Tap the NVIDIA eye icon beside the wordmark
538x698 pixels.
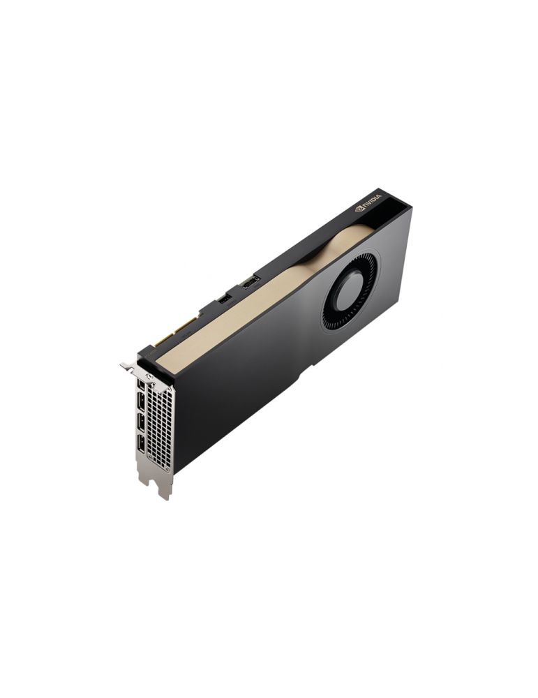pyautogui.click(x=359, y=208)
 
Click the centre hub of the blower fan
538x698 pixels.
pyautogui.click(x=350, y=291)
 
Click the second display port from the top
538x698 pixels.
pyautogui.click(x=141, y=402)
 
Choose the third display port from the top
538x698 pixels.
pyautogui.click(x=141, y=423)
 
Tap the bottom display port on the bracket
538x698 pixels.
pyautogui.click(x=141, y=443)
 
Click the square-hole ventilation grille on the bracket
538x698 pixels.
pyautogui.click(x=159, y=424)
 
